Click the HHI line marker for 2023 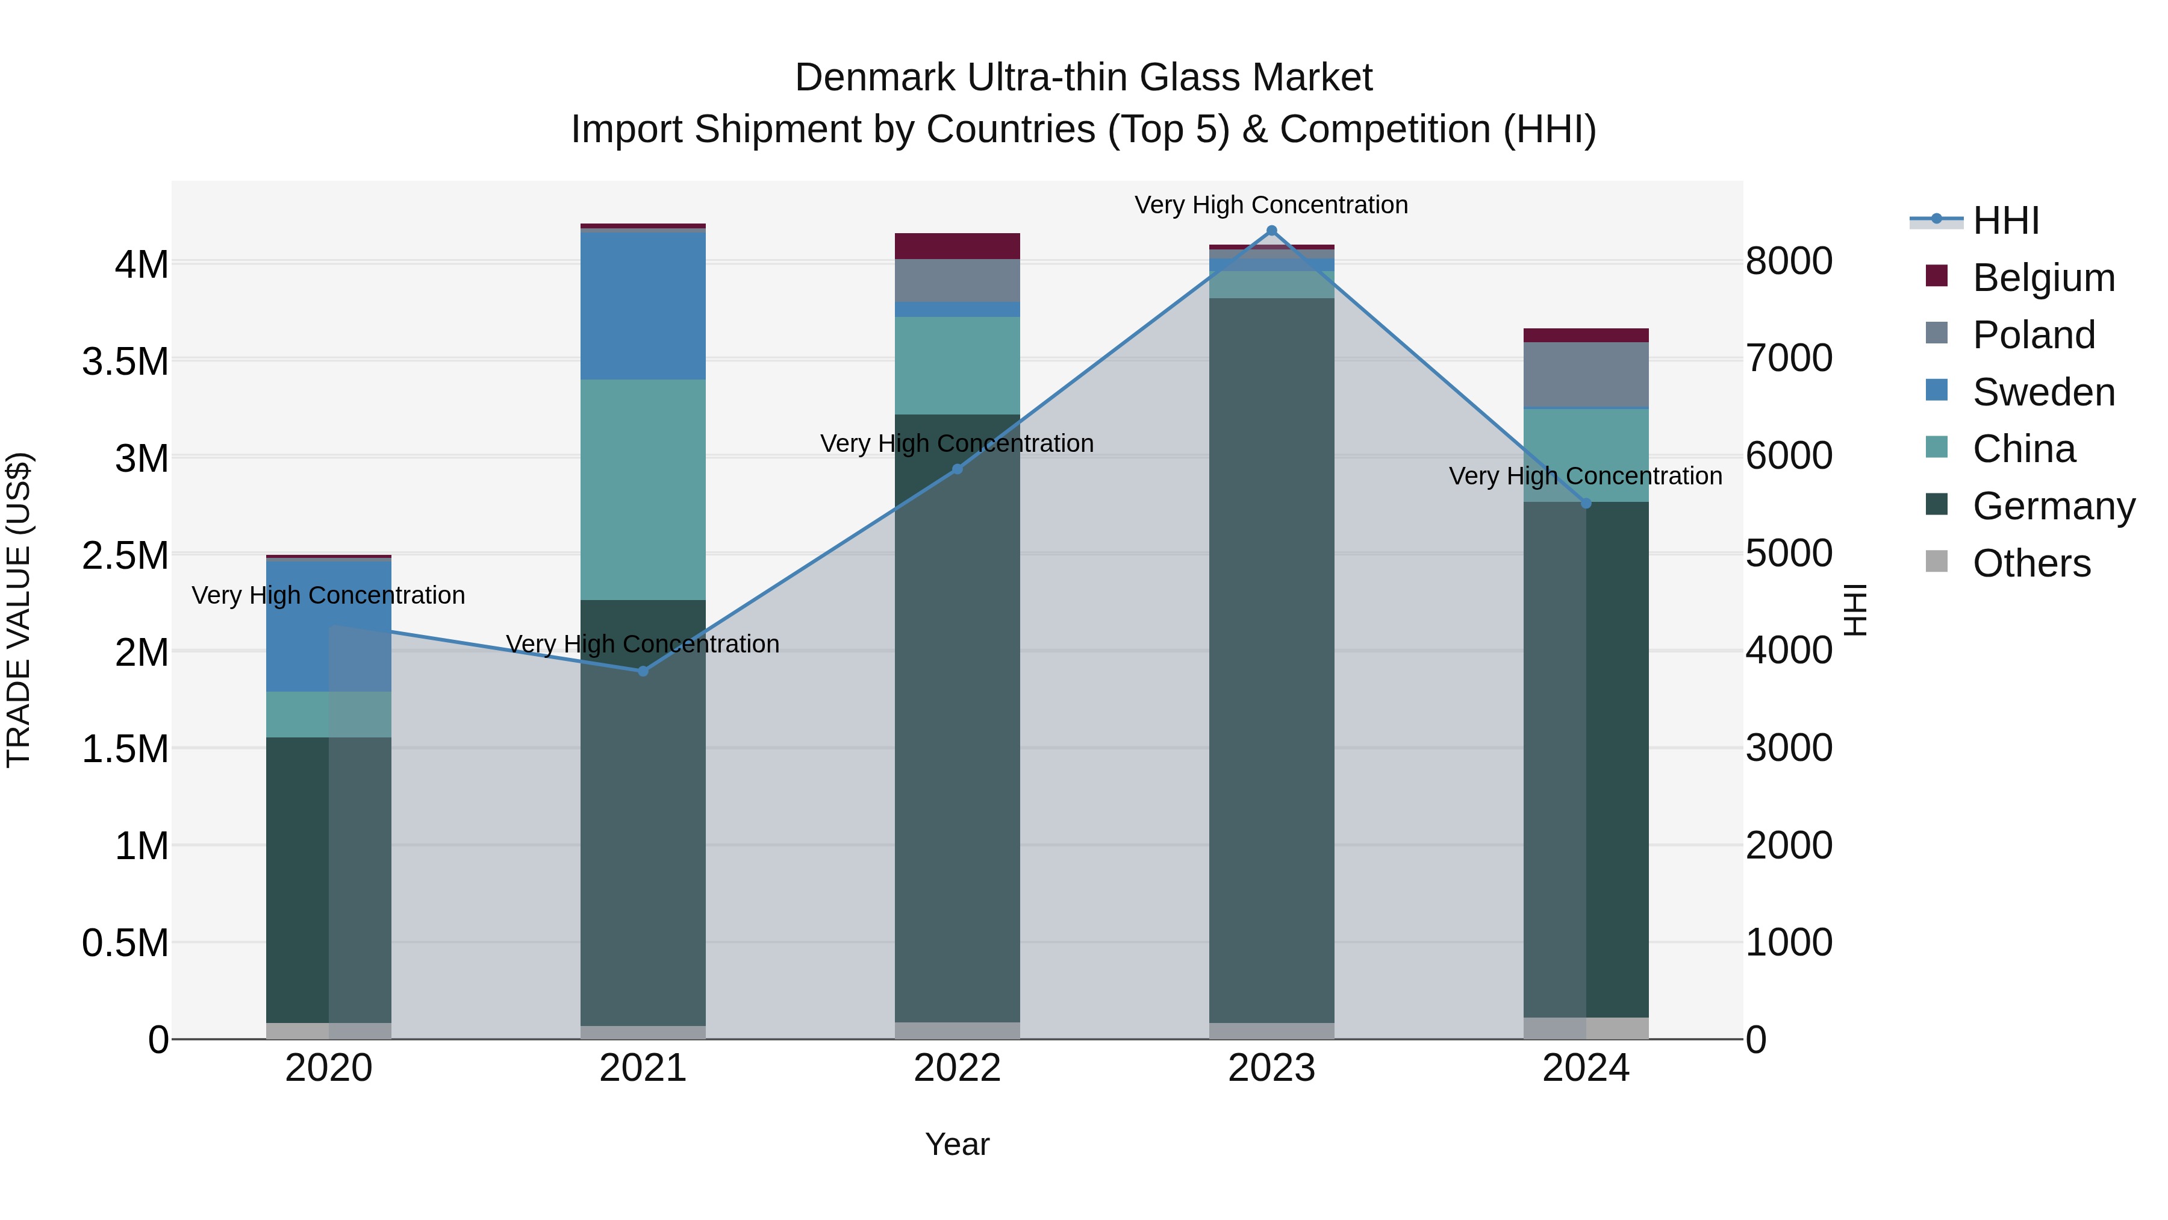1271,231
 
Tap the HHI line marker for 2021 643,671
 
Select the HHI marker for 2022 957,469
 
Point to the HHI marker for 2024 1586,504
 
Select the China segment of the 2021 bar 643,489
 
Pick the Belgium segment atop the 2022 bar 957,246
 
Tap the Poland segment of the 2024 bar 1586,375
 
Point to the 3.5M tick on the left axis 125,362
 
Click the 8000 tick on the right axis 1789,261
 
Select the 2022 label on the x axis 957,1068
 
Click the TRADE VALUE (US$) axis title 19,610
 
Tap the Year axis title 957,1144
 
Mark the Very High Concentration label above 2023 1271,205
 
